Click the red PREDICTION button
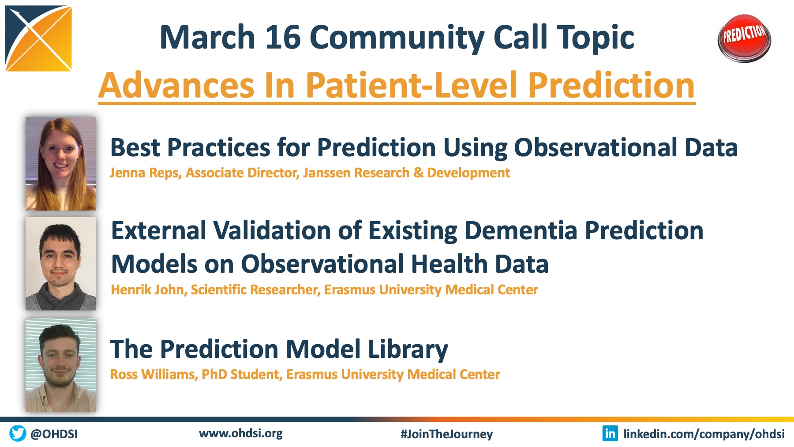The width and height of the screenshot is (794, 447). click(744, 38)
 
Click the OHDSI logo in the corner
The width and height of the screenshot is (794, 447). click(38, 38)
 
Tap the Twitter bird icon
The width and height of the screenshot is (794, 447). click(18, 433)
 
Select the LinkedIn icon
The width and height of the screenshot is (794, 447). click(610, 433)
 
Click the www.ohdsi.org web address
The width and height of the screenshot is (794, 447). click(241, 433)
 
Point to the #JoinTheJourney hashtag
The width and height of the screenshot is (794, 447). click(446, 434)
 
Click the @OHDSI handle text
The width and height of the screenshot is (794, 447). click(54, 434)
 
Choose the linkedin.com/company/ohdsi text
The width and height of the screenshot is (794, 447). click(704, 434)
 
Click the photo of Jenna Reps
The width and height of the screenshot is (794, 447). click(60, 164)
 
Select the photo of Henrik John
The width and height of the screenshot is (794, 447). click(60, 263)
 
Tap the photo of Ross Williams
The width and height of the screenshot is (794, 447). click(60, 365)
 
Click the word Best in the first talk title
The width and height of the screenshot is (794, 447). click(135, 147)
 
